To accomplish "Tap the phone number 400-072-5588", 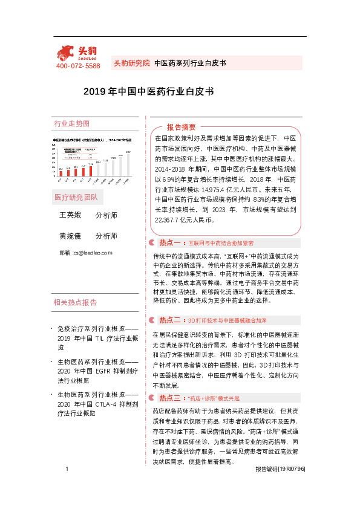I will pyautogui.click(x=78, y=66).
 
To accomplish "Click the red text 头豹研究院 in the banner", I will pyautogui.click(x=131, y=63).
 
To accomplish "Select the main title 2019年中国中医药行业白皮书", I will pyautogui.click(x=148, y=92).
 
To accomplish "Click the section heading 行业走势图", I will pyautogui.click(x=71, y=124).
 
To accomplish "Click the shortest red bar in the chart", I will pyautogui.click(x=61, y=175).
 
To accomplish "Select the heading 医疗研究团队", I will pyautogui.click(x=75, y=198).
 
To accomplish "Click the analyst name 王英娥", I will pyautogui.click(x=70, y=215).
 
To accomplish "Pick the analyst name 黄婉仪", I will pyautogui.click(x=70, y=236).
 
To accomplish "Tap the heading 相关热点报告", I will pyautogui.click(x=75, y=302).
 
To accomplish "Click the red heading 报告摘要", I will pyautogui.click(x=182, y=128).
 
